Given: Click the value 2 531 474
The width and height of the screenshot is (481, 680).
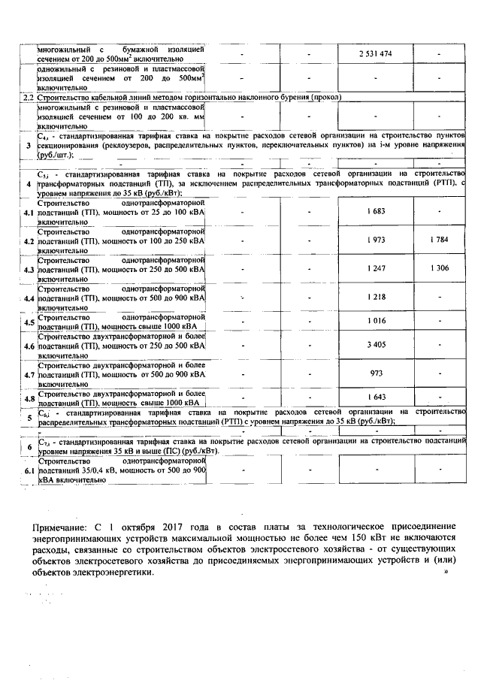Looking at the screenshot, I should pos(377,54).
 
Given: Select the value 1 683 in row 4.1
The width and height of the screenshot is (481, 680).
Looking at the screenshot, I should pos(377,211).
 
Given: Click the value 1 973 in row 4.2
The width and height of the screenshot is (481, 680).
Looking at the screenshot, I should pos(377,240).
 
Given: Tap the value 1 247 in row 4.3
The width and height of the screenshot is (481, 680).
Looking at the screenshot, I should pos(377,268).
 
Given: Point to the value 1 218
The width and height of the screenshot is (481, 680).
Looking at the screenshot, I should pos(377,297).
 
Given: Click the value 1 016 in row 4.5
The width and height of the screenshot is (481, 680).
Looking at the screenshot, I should pos(377,321).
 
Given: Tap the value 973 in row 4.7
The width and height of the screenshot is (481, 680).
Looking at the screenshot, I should pos(377,373).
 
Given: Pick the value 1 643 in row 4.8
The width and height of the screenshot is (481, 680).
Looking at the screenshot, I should pos(377,397).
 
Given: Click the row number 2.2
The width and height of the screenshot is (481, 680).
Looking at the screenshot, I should pos(28,97).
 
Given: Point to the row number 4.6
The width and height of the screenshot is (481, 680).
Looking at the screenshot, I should pos(29,346).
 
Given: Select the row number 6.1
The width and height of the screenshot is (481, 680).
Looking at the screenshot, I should pos(29,471).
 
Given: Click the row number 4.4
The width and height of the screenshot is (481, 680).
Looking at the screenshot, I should pos(29,298).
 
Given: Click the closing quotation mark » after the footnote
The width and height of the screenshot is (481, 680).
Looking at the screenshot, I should pos(446,572).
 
